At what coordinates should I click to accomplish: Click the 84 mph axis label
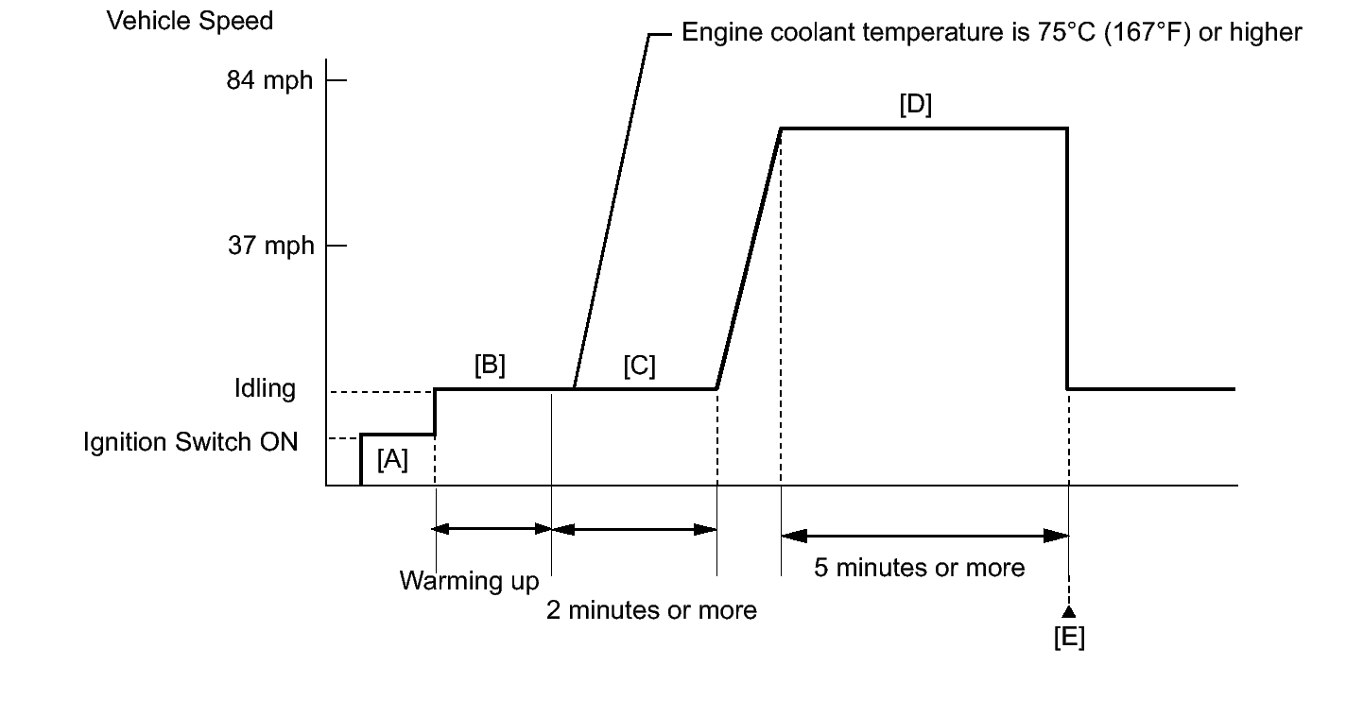click(x=268, y=80)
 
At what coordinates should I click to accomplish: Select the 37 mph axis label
click(x=268, y=246)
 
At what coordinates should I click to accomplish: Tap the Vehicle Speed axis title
click(x=189, y=21)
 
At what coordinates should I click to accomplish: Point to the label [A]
click(x=392, y=460)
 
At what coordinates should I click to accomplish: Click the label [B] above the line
click(x=490, y=366)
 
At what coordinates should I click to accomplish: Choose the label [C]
click(x=639, y=366)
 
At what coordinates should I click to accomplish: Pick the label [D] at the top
click(x=915, y=105)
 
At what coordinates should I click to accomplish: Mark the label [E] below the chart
click(x=1069, y=638)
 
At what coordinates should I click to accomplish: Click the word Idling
click(x=265, y=388)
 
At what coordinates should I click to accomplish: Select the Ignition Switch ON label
click(x=190, y=441)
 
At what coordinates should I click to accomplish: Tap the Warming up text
click(x=469, y=580)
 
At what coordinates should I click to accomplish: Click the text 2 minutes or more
click(x=651, y=610)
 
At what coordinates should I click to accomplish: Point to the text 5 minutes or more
click(x=919, y=568)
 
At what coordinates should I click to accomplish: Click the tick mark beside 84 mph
click(x=336, y=80)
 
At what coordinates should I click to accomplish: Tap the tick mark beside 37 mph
click(x=336, y=246)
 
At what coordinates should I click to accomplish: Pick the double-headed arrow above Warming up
click(x=492, y=529)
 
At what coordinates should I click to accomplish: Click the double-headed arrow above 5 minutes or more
click(x=924, y=536)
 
